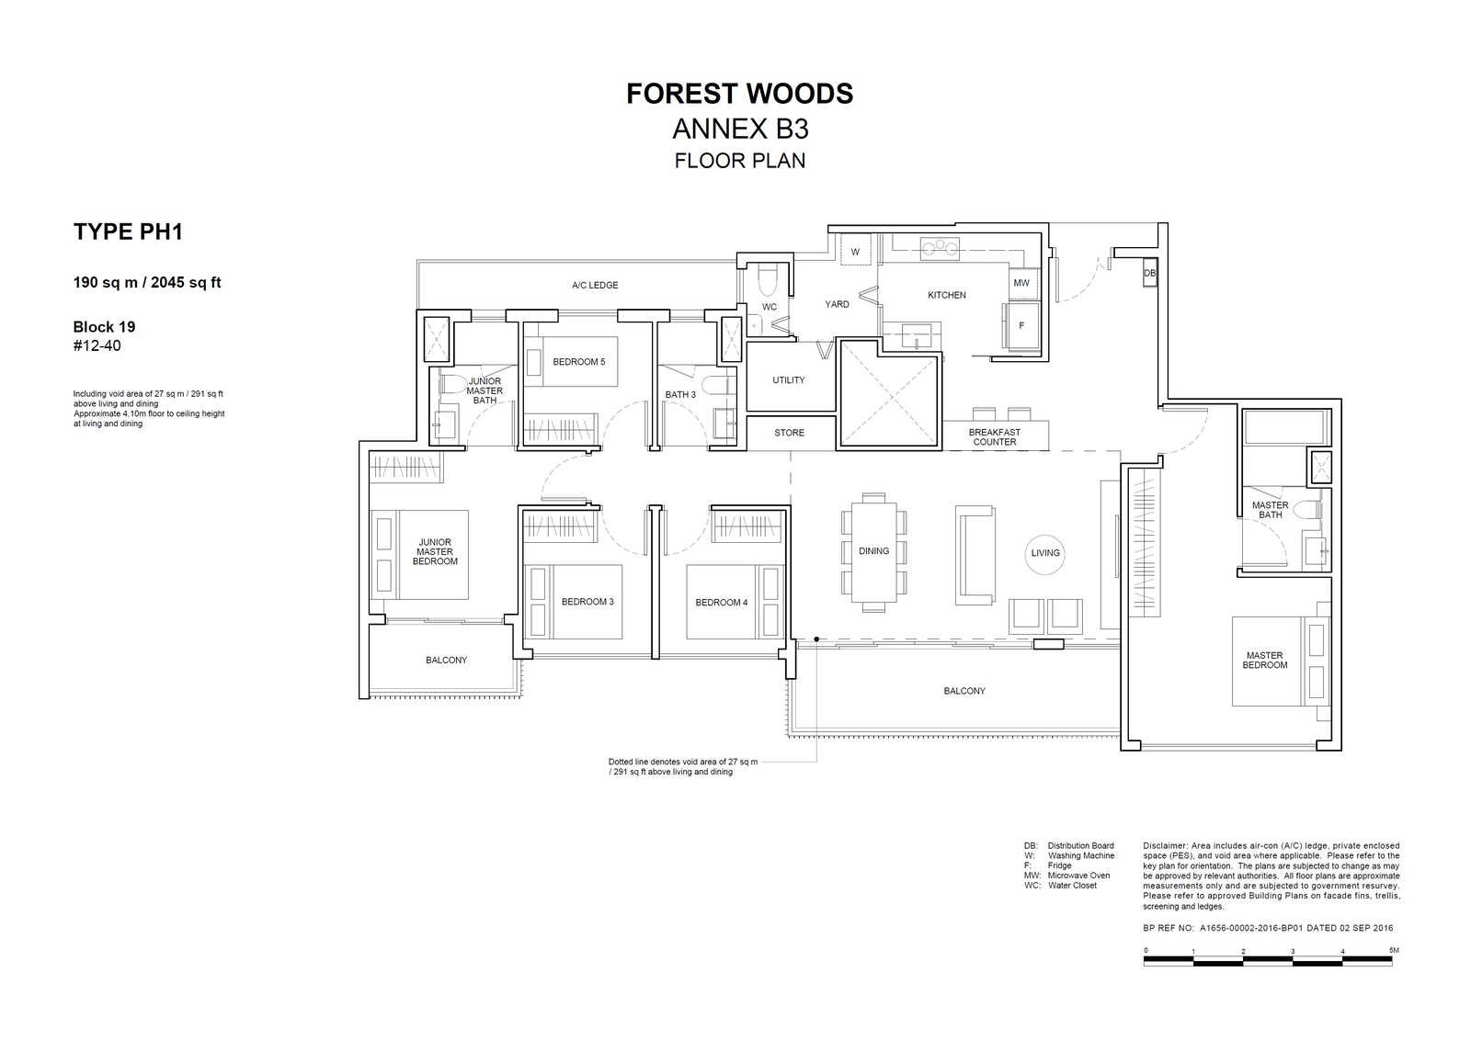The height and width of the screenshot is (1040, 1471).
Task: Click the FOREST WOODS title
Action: (x=739, y=94)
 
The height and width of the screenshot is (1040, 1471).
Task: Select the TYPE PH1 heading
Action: (x=128, y=232)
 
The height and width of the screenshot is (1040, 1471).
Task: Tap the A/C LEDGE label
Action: (x=594, y=285)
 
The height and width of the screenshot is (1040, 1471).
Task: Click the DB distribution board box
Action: (x=1149, y=273)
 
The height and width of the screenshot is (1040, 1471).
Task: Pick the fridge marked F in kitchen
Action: (x=1021, y=325)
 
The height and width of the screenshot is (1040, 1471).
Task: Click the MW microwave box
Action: (x=1021, y=283)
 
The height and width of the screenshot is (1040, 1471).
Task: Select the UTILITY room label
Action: (x=788, y=380)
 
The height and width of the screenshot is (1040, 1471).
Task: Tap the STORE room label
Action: (x=789, y=433)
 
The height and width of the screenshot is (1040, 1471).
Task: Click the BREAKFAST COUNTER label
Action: (x=994, y=437)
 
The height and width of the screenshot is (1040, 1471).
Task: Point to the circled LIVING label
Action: (x=1044, y=553)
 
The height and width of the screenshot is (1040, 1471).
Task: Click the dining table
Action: (x=873, y=551)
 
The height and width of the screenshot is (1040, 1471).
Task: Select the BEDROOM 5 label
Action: (x=578, y=362)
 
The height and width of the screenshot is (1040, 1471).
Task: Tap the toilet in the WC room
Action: (x=768, y=281)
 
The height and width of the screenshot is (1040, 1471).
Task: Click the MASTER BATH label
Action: (x=1270, y=510)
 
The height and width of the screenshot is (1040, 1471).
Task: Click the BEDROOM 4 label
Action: (x=721, y=603)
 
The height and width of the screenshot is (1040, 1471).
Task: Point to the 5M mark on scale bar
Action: (x=1393, y=950)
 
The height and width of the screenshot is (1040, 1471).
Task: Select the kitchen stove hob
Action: (x=940, y=248)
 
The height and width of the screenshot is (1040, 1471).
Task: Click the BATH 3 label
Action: (x=680, y=394)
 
